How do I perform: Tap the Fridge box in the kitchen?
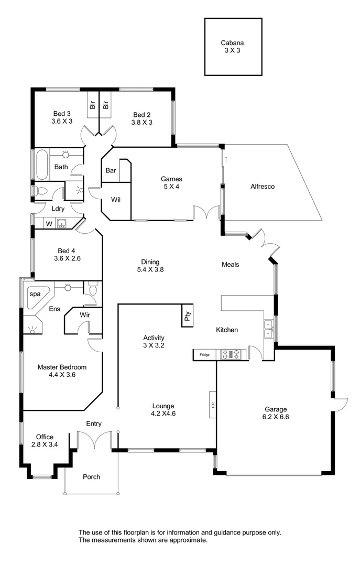(204, 355)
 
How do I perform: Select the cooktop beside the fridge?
(231, 355)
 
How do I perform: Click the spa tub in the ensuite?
(37, 297)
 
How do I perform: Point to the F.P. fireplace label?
(213, 405)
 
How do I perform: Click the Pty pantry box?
(187, 316)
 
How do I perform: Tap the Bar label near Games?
(111, 170)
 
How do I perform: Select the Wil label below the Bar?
(116, 200)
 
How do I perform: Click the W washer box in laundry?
(49, 224)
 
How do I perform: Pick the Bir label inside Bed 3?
(93, 105)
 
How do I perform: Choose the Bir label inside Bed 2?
(106, 105)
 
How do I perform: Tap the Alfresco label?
(263, 186)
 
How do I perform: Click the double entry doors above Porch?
(94, 440)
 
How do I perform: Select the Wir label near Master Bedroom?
(86, 315)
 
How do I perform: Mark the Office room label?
(45, 441)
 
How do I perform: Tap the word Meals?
(230, 265)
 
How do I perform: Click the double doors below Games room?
(206, 213)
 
